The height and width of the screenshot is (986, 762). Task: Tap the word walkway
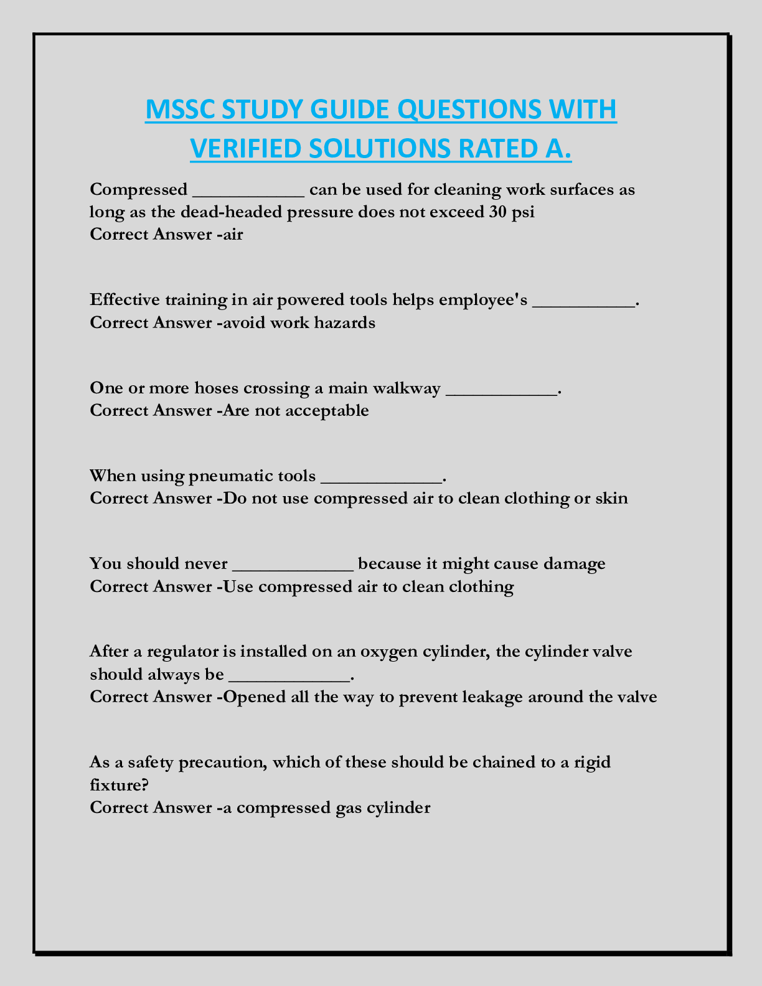click(x=406, y=388)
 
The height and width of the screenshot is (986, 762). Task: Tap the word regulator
click(x=184, y=652)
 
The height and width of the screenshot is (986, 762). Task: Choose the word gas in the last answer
click(x=340, y=808)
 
